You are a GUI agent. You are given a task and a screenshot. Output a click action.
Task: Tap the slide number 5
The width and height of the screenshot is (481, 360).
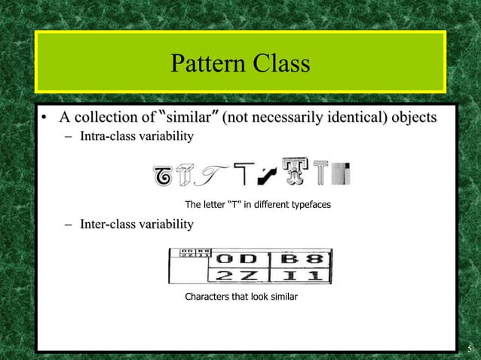[469, 348]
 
